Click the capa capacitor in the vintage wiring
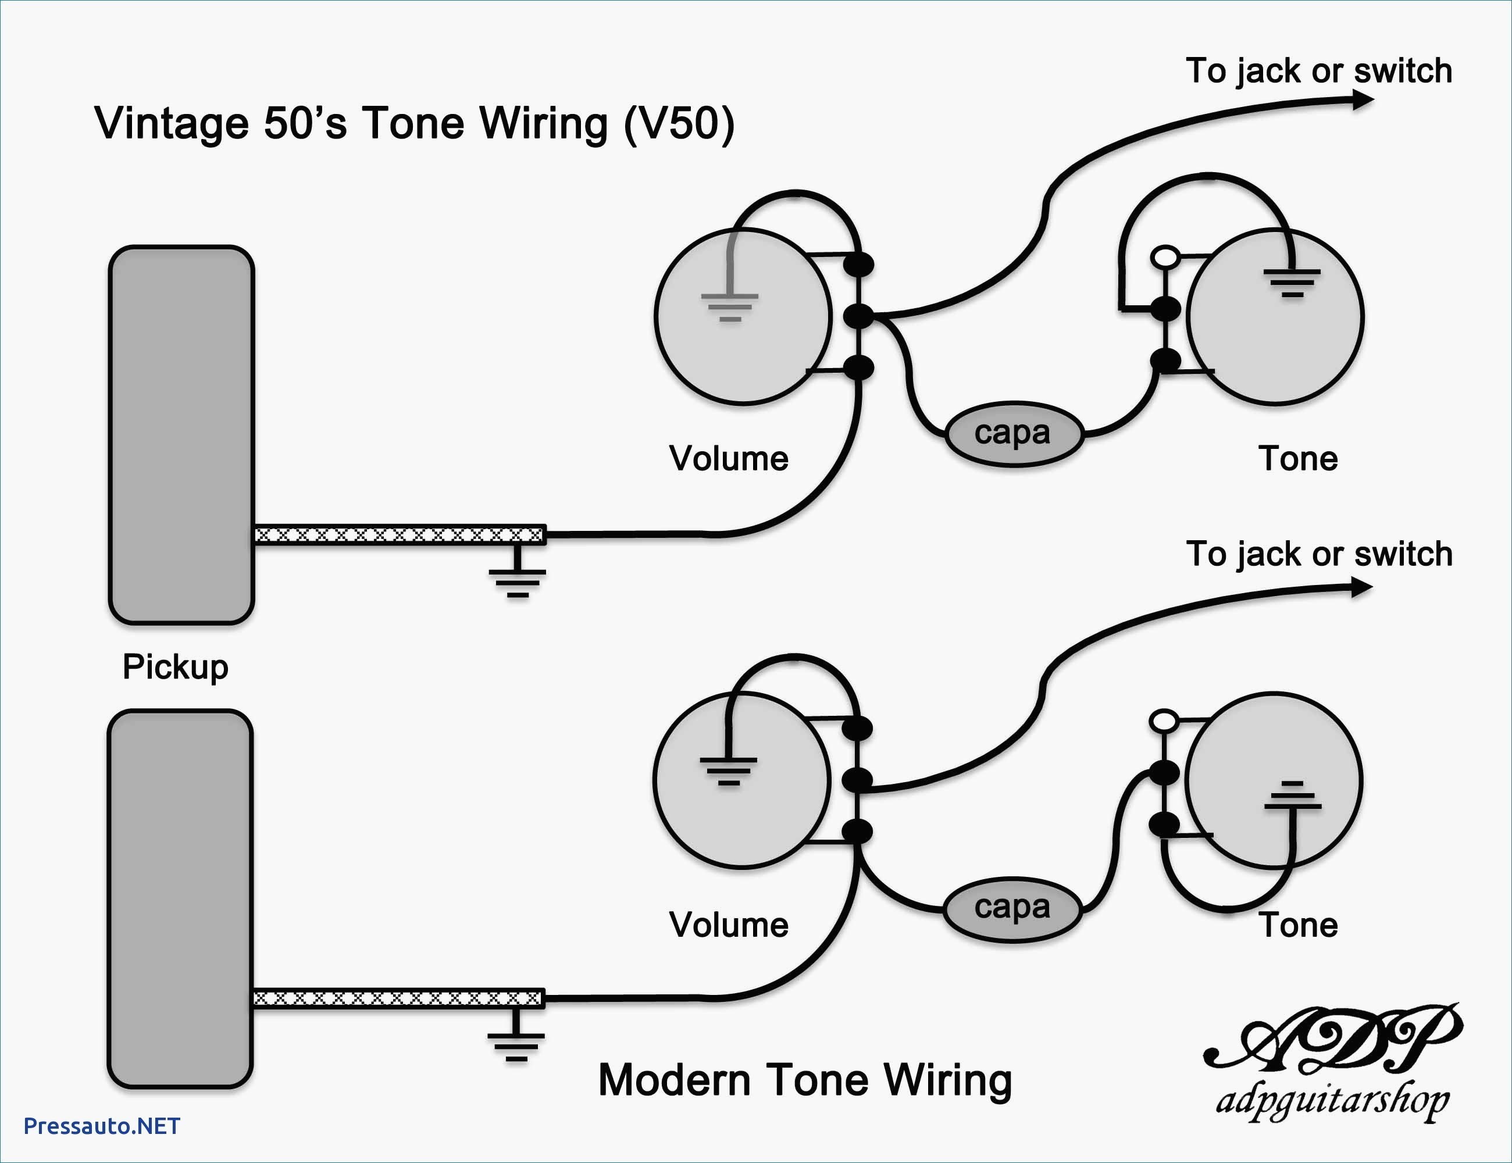point(1014,434)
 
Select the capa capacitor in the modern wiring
point(1012,909)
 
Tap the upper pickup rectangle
point(181,435)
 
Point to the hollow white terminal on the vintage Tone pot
point(1165,257)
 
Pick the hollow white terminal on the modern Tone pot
point(1164,720)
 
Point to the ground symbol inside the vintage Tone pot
point(1292,283)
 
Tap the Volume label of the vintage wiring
point(728,458)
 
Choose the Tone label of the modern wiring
point(1298,925)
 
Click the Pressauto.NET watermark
point(102,1126)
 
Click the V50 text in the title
point(679,124)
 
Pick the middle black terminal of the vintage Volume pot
point(859,316)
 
